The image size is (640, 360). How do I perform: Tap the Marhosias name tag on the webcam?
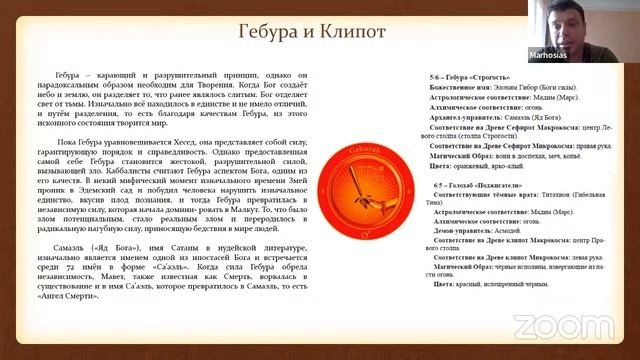tap(545, 56)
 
